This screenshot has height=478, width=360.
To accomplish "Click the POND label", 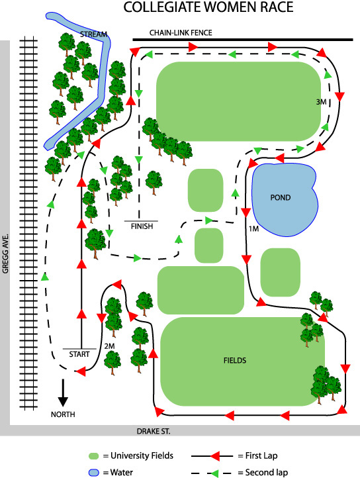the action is coord(281,197).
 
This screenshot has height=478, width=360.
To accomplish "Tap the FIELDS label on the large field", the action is coord(235,360).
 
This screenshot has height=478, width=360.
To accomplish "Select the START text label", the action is coord(79,354).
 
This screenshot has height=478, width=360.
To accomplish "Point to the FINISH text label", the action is coord(142,226).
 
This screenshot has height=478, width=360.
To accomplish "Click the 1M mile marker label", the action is coord(253,228).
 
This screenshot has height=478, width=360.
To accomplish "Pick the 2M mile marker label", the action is coord(109,346).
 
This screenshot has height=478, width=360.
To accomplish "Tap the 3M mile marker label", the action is coord(321,102).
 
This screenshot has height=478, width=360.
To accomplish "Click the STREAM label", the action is coord(93,34).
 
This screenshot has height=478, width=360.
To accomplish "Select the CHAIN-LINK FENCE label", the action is coord(181,32).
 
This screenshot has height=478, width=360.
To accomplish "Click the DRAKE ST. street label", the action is coord(154,432).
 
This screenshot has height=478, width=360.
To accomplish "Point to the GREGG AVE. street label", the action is coord(5,254).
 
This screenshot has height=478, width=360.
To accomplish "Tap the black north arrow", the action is coord(63,393).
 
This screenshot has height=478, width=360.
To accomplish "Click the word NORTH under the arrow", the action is coord(63,414).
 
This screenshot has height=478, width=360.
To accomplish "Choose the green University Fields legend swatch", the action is coord(93,456).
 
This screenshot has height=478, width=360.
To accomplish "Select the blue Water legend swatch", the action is coord(93,473).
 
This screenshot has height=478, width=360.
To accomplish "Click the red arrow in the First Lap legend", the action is coord(214,455).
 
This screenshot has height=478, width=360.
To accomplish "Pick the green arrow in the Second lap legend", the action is coord(214,473).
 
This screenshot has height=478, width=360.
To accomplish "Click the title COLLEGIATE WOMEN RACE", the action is coord(208,7).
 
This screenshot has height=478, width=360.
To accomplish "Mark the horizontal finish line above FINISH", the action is coord(141,220).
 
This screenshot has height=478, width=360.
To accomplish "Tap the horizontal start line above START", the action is coord(79,349).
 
